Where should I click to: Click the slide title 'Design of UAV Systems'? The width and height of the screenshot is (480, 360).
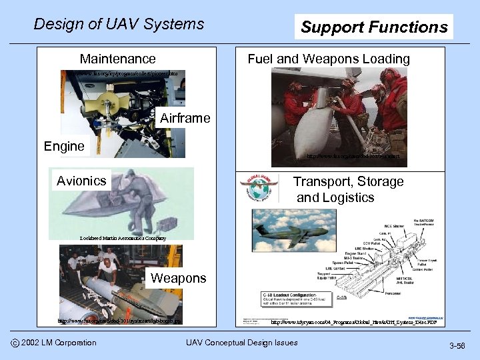pos(119,25)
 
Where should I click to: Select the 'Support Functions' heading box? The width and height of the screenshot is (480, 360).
pos(374,27)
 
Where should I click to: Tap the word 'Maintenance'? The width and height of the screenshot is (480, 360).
pos(117,59)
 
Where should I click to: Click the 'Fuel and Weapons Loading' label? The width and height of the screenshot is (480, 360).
pos(329,59)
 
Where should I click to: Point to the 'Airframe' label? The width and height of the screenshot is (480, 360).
pos(185,119)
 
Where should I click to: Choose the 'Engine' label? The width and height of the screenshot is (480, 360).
pos(64,146)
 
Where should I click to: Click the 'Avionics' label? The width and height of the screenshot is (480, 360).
pos(81,181)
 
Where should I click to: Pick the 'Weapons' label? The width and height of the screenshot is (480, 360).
pos(179,278)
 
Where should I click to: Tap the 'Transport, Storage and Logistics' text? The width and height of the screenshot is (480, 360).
pos(348,189)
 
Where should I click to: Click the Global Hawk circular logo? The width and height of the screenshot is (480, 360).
pos(257,188)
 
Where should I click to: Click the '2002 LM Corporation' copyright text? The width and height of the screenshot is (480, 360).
pos(58,343)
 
